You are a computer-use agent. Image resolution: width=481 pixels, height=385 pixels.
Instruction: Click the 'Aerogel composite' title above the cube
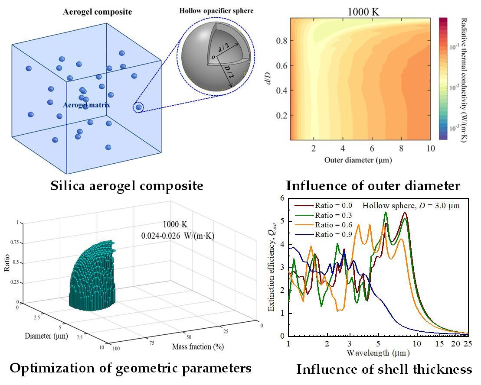click(97, 12)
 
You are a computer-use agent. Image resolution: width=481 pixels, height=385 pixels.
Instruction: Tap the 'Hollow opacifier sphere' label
click(216, 10)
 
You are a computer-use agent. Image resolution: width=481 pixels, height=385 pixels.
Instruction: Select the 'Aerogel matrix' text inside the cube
click(86, 105)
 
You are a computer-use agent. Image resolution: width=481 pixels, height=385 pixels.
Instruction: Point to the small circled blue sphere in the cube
click(138, 107)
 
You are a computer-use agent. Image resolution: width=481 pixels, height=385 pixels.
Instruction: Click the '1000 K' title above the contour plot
click(363, 12)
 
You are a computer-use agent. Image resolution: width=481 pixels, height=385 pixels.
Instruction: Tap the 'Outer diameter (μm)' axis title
click(358, 160)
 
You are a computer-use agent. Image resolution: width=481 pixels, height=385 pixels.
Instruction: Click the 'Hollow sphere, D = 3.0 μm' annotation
click(411, 205)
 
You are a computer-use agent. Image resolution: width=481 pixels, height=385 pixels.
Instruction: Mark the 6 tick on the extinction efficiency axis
click(282, 198)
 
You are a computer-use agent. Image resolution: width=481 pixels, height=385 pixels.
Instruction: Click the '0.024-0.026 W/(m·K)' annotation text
click(178, 236)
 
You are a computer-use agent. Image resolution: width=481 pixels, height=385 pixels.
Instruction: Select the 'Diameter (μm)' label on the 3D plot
click(43, 336)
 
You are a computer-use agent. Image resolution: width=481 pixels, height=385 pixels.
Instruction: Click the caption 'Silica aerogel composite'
click(127, 186)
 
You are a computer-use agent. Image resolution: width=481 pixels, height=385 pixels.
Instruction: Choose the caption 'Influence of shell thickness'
click(384, 369)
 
